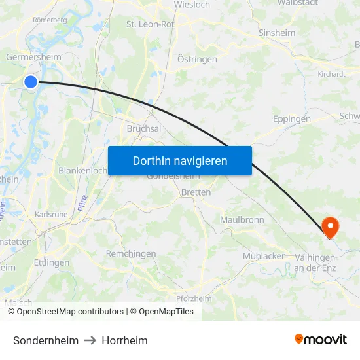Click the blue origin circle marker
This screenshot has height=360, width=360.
click(x=31, y=81)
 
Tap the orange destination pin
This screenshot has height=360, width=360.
click(x=331, y=226)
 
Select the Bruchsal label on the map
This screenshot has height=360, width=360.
click(x=144, y=129)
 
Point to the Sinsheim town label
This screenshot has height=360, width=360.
click(x=277, y=33)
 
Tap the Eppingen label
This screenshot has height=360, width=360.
click(x=291, y=120)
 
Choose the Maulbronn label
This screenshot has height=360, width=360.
click(x=242, y=220)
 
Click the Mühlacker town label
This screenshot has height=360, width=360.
click(x=264, y=256)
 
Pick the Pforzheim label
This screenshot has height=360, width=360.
click(x=194, y=298)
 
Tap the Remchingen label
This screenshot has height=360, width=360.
click(x=131, y=253)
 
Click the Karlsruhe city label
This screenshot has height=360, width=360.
click(x=50, y=214)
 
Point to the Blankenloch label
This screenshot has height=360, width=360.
click(x=82, y=170)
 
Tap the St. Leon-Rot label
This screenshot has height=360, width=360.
click(x=151, y=24)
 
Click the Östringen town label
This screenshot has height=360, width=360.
click(x=197, y=59)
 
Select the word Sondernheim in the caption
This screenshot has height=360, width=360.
click(x=46, y=340)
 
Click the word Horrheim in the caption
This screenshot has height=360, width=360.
click(x=124, y=340)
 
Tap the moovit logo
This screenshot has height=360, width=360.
click(x=321, y=340)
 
